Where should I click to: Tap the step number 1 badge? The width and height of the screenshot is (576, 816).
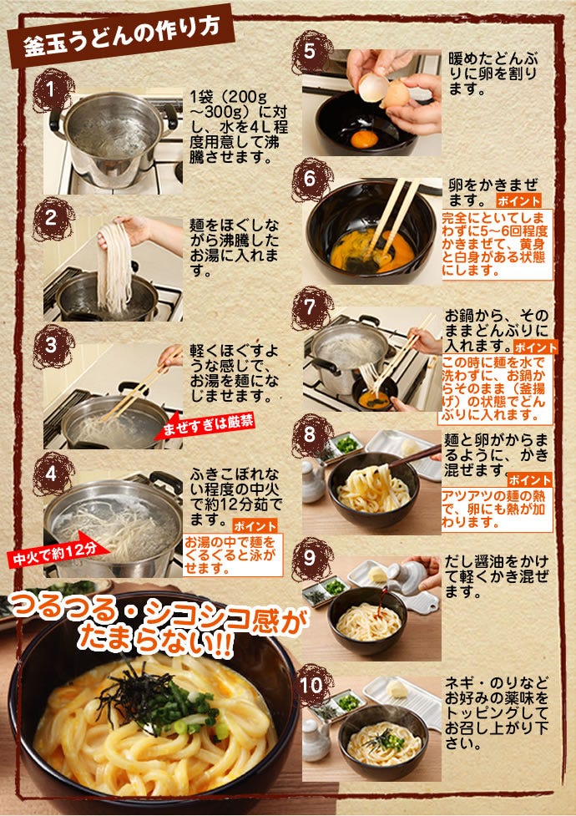point(52,90)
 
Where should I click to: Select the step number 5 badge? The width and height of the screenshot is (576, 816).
point(311,52)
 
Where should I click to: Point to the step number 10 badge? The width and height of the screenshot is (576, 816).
point(311,685)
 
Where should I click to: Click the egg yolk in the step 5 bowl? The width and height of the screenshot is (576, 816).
point(364,139)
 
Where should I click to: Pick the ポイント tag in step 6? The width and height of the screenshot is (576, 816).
point(518,201)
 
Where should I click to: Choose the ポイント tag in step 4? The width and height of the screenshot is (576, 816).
point(255,525)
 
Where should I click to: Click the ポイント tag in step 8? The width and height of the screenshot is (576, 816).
point(529,479)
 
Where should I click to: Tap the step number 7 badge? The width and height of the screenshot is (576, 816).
point(311,308)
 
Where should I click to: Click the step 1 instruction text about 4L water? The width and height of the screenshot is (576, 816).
point(238,127)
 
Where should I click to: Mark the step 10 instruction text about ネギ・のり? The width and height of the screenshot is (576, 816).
point(497,712)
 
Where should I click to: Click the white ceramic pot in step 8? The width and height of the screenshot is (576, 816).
point(313,479)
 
